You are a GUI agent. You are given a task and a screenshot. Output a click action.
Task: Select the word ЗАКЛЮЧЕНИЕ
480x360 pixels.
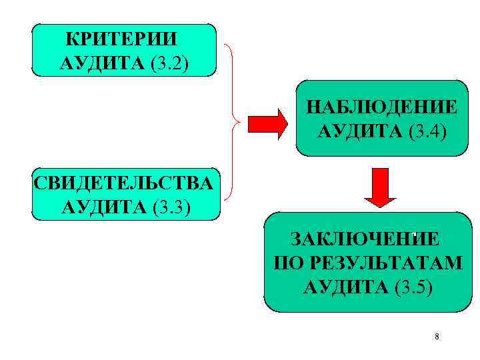363,239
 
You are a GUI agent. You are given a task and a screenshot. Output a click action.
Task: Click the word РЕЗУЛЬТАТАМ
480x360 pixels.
385,263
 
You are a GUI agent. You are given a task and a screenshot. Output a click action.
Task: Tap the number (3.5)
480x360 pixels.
413,287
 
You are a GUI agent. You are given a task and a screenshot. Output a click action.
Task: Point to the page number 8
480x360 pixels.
436,337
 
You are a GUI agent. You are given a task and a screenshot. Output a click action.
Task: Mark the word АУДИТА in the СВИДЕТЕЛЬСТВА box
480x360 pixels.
104,207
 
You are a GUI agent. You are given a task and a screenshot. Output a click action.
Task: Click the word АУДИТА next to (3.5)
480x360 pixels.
345,287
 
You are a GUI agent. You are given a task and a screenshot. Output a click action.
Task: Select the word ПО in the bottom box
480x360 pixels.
285,263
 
